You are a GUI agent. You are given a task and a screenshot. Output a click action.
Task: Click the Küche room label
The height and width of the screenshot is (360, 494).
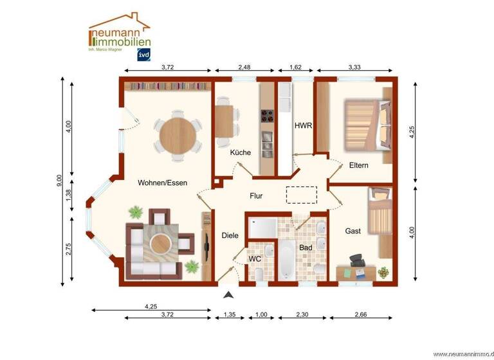[x=241, y=152]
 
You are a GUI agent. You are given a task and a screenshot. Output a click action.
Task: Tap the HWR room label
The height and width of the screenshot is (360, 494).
[x=303, y=126]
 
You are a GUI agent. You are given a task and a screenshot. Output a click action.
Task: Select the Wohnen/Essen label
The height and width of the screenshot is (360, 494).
[x=162, y=183]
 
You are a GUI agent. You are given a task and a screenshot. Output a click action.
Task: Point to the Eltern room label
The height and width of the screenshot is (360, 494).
[x=358, y=165]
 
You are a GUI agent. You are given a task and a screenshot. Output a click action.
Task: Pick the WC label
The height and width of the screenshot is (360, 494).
[x=255, y=258]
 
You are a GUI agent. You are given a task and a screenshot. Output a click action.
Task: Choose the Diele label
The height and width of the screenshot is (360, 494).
[x=230, y=235]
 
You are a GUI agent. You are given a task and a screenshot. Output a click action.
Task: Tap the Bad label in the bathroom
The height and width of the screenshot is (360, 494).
[x=306, y=247]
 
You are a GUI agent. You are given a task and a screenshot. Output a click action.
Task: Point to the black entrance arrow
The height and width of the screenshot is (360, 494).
[x=228, y=295]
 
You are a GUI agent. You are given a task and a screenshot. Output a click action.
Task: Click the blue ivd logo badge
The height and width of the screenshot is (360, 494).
[x=142, y=55]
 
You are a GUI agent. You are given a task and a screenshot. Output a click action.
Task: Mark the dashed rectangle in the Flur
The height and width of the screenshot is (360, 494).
[x=301, y=195]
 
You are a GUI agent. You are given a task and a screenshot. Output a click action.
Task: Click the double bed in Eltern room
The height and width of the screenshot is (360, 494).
[x=365, y=123]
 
